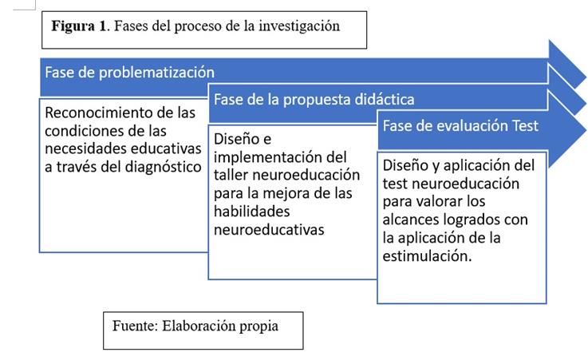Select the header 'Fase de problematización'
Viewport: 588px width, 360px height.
tap(129, 72)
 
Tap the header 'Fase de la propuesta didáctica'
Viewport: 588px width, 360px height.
tap(313, 100)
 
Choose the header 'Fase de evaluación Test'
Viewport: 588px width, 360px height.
tap(461, 126)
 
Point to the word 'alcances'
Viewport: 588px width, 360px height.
tap(412, 220)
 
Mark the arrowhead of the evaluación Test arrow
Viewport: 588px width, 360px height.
tap(571, 125)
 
